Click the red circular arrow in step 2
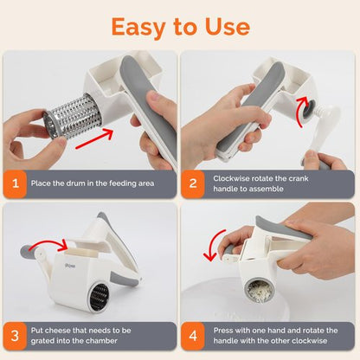(301, 111)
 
